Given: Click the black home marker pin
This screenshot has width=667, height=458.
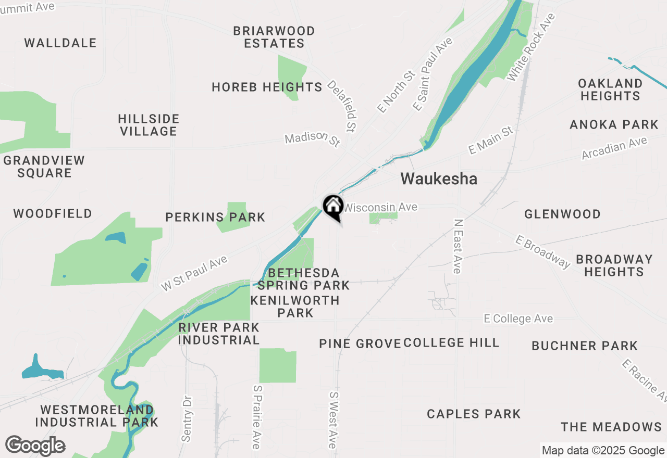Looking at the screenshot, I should (333, 207).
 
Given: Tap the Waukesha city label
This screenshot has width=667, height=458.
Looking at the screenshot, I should (439, 179).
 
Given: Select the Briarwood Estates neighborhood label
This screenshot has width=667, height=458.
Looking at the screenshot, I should (274, 37).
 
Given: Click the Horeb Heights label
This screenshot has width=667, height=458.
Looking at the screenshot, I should (267, 87).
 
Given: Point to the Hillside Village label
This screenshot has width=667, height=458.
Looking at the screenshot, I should (149, 125).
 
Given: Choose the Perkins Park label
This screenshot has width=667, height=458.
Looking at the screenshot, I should (215, 217).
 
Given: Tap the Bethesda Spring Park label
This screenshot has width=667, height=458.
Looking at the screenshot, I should (303, 279).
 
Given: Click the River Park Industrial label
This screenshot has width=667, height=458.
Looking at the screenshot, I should (219, 334).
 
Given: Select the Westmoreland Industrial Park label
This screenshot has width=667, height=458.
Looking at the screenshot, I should (97, 416).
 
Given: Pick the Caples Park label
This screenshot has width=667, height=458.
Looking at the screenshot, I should (474, 414).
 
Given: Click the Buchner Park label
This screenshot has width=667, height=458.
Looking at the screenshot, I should (585, 346).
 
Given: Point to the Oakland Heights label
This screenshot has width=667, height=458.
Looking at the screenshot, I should (610, 90).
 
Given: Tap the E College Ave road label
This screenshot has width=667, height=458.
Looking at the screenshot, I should (518, 319).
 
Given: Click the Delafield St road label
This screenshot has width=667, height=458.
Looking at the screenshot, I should (343, 106).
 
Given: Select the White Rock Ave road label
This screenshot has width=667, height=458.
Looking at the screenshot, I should (532, 47).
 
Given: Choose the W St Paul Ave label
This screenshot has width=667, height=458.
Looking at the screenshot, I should (194, 273).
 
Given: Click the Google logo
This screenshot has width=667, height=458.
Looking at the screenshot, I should (35, 446).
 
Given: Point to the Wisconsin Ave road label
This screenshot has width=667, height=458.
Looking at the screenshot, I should (380, 207).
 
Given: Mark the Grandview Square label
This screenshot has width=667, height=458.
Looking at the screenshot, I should (44, 167).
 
